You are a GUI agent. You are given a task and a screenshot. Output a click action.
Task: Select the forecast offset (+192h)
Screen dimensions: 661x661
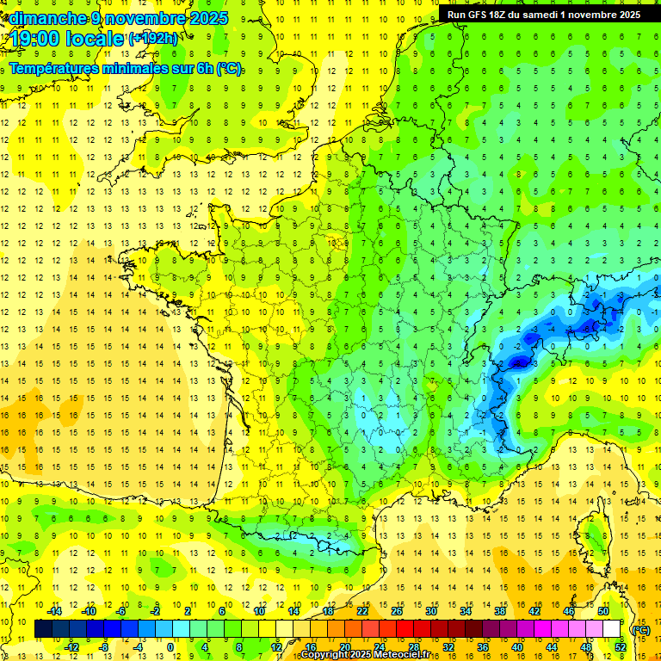pos(153,38)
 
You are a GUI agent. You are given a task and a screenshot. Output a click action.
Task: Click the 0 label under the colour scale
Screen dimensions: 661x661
pos(170,647)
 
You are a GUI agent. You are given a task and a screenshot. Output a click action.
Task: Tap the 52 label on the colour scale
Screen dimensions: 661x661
pos(621,647)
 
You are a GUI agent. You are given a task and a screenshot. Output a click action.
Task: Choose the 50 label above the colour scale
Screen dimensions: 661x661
pos(603,611)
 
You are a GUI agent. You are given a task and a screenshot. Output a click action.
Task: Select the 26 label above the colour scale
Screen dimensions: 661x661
pos(397,611)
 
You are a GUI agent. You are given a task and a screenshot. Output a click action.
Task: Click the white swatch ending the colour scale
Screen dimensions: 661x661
pos(612,629)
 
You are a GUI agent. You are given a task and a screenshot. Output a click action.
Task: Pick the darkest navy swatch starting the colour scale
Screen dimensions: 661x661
pos(43,629)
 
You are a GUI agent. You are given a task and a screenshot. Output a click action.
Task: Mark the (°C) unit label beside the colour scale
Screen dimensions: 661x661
pos(640,629)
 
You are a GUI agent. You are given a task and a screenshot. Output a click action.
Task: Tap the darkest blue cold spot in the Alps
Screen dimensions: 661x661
pos(519,363)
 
